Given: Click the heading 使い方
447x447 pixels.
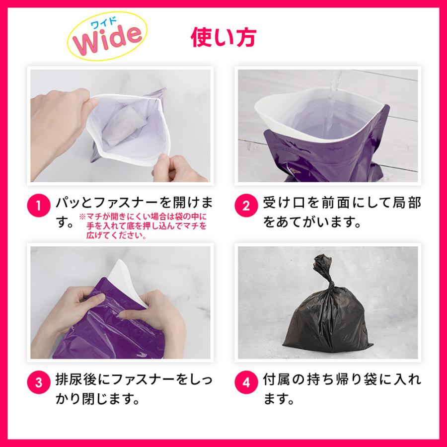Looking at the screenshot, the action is (x=223, y=37).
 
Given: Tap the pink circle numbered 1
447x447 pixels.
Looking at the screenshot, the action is (x=39, y=206).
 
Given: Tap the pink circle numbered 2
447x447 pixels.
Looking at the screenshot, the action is (x=246, y=206).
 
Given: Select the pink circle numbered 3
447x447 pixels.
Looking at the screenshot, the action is (x=39, y=382).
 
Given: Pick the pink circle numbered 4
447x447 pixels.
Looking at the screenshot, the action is (x=246, y=382).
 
